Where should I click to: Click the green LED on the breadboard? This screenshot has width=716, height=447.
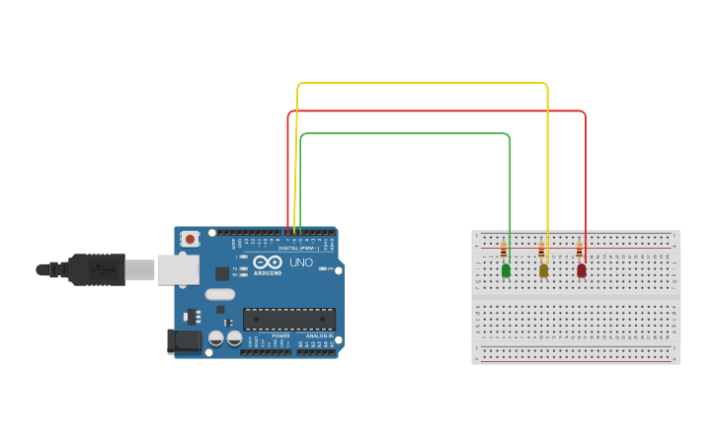[506, 269]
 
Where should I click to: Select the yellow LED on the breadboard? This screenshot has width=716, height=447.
[543, 269]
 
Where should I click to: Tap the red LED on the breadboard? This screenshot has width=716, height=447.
[581, 269]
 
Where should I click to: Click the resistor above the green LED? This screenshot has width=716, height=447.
[504, 251]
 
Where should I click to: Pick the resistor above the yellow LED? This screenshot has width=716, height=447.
[541, 251]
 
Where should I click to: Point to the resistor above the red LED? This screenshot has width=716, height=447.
[579, 251]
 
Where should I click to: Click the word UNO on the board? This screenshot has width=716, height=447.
[300, 262]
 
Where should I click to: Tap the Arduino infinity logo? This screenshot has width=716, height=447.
[268, 262]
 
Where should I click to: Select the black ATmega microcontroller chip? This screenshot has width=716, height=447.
[288, 320]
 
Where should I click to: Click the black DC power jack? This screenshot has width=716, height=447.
[184, 341]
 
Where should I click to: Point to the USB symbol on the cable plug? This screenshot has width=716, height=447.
[101, 267]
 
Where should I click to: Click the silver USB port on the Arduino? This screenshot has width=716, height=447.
[178, 269]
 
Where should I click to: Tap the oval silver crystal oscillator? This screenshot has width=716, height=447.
[220, 294]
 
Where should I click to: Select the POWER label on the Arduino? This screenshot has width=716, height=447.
[281, 335]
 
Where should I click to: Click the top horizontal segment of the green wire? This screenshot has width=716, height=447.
[405, 133]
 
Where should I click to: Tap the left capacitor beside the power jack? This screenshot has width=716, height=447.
[215, 338]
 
